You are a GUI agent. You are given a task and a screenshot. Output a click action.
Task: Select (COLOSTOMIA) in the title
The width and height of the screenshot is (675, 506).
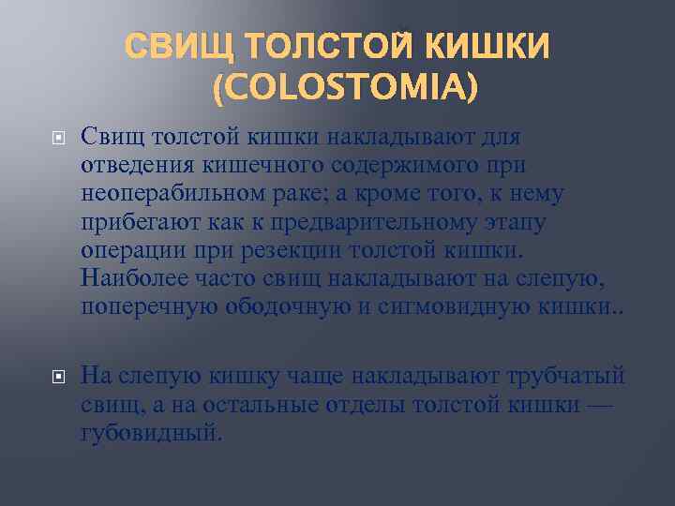[344, 88]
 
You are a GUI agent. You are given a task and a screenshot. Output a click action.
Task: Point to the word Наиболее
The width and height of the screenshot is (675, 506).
[130, 277]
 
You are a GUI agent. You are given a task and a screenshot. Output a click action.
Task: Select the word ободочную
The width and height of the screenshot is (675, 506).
[273, 305]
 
